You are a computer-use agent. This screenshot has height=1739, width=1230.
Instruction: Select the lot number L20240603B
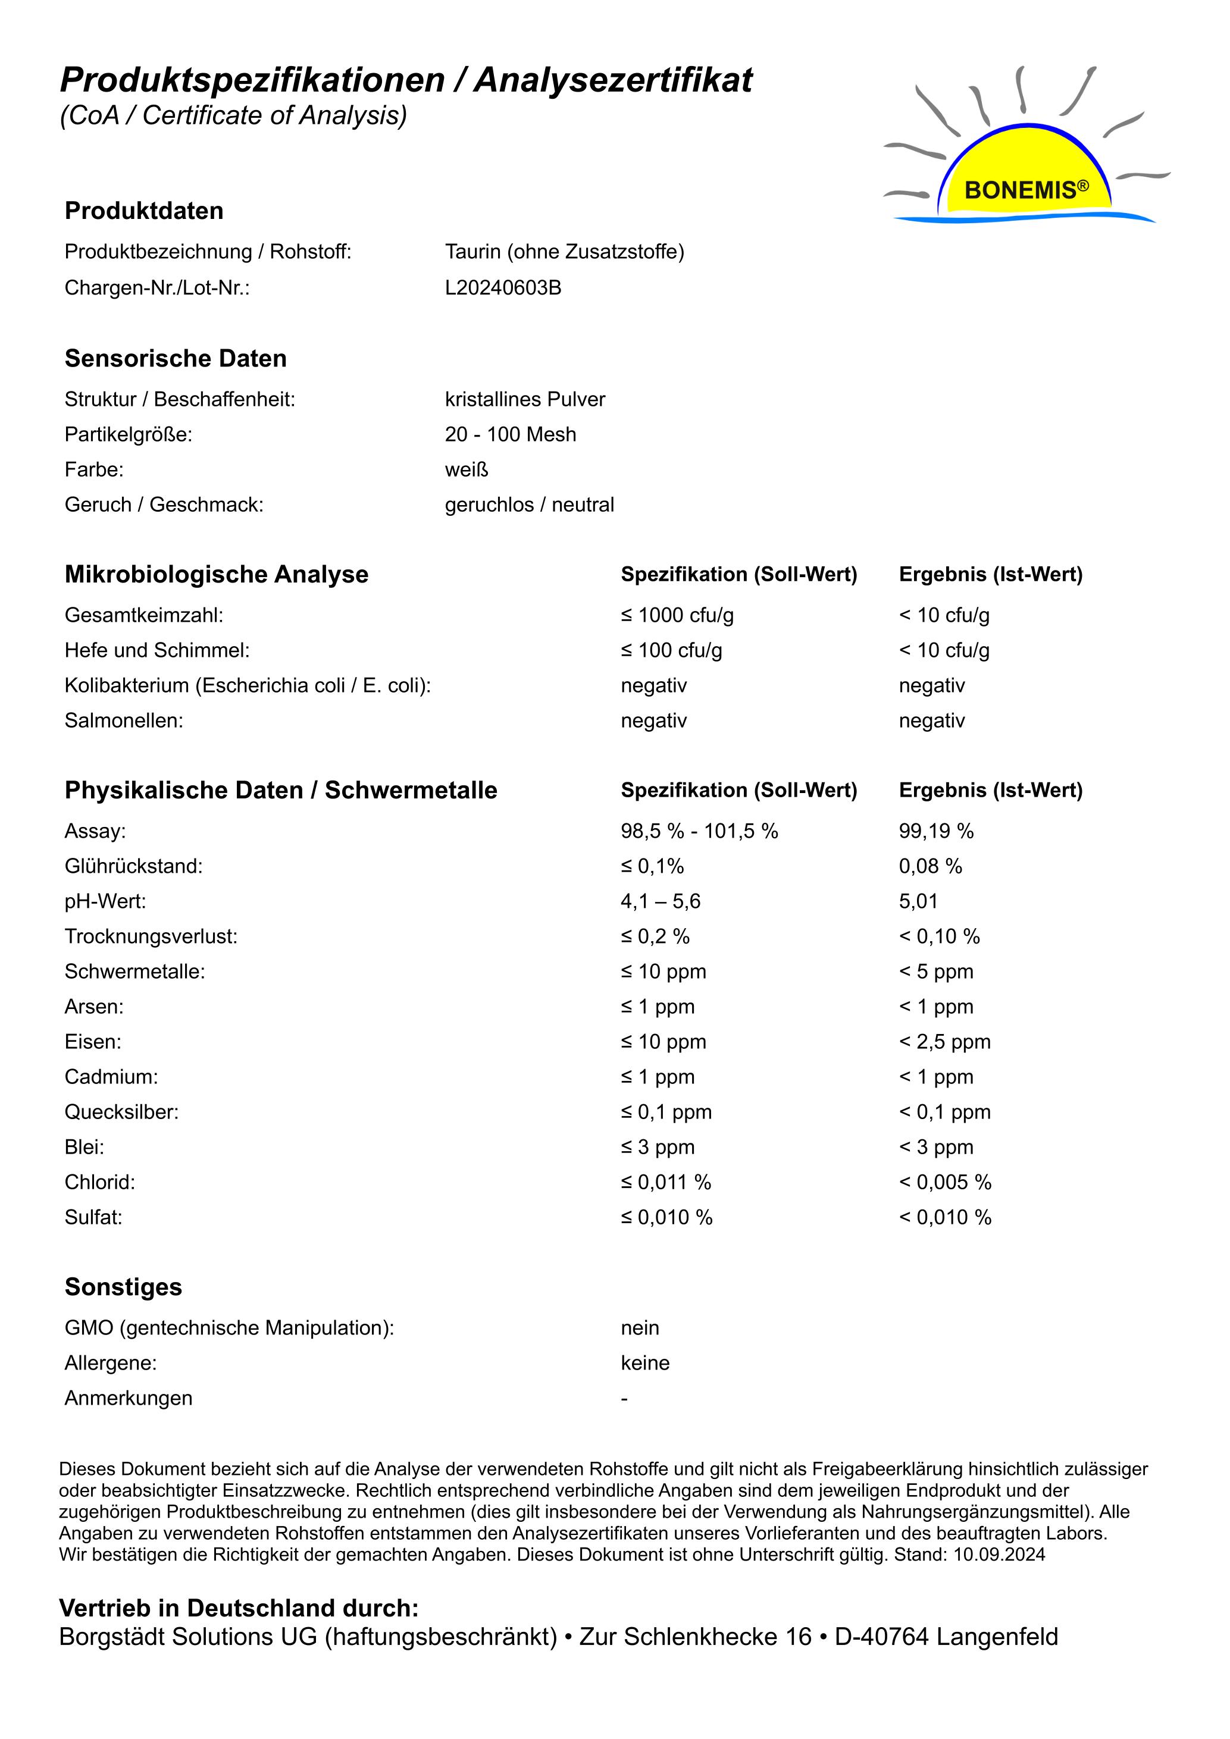[x=503, y=288]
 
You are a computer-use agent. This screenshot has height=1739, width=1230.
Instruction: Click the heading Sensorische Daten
[x=176, y=358]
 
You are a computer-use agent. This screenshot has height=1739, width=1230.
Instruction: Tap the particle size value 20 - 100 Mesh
[x=511, y=435]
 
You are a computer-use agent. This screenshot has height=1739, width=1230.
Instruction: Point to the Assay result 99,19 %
[x=936, y=831]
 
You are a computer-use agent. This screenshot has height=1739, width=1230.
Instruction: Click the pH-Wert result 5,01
[x=918, y=901]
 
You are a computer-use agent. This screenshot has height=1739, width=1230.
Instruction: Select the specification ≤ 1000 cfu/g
[x=677, y=615]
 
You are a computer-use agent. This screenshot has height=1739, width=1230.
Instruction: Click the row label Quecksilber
[x=121, y=1112]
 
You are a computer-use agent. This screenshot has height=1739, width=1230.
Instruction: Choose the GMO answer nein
[x=640, y=1328]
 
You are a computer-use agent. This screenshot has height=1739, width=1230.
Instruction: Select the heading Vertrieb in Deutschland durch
[x=239, y=1608]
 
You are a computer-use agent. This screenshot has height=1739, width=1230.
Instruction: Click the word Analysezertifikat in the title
[x=614, y=80]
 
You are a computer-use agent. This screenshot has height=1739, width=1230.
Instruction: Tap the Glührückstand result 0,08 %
[x=930, y=866]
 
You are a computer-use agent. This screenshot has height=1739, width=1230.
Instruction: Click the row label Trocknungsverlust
[x=151, y=936]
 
